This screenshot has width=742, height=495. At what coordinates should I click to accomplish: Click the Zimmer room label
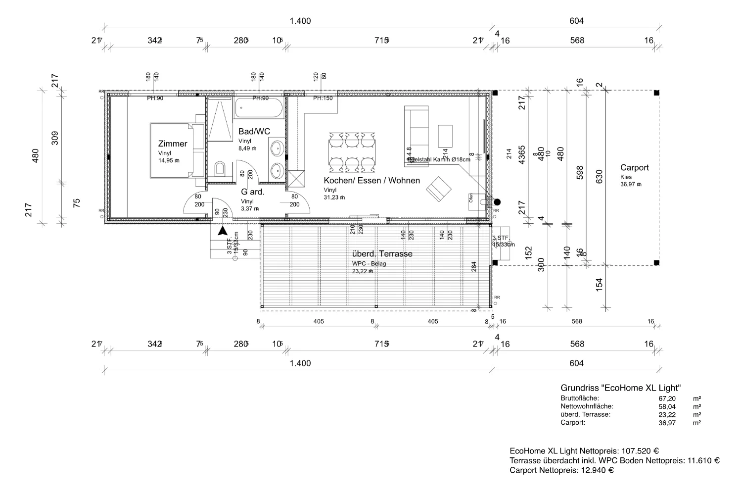tap(173, 144)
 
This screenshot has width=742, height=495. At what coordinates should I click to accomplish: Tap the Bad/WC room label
tap(254, 132)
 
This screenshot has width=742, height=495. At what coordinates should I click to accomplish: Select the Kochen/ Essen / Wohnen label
tap(371, 181)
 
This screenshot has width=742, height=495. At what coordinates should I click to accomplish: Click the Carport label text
tap(634, 168)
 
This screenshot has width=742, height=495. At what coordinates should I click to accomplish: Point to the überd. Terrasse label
tap(382, 254)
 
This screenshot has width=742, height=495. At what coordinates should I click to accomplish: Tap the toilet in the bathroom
tap(220, 169)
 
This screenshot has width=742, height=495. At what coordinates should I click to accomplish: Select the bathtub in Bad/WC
tap(259, 108)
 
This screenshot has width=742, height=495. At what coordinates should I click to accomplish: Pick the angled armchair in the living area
tap(439, 189)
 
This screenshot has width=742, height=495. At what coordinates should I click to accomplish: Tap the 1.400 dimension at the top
tap(300, 21)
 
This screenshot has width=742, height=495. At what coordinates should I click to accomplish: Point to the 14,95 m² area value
tap(169, 160)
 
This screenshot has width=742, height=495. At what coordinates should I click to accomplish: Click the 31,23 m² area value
tap(334, 197)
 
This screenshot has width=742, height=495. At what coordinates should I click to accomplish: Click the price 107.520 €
tap(639, 451)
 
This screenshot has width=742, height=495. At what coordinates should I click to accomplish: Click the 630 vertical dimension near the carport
tap(600, 177)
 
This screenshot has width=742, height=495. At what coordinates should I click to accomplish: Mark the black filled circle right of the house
tap(497, 201)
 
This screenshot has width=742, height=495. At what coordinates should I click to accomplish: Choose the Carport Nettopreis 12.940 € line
tap(561, 470)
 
